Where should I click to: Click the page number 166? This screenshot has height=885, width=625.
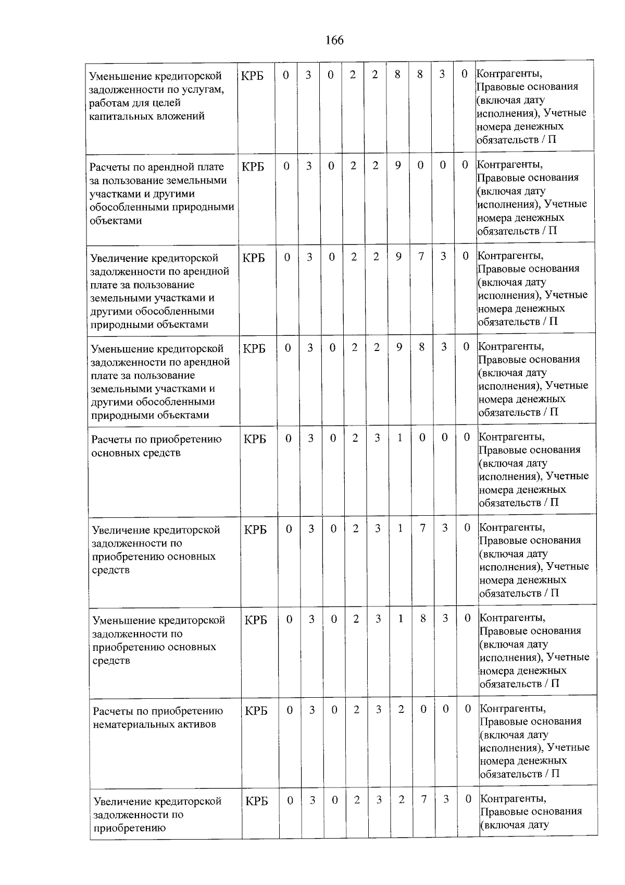tap(334, 40)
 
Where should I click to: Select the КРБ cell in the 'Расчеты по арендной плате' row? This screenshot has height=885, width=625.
tap(253, 166)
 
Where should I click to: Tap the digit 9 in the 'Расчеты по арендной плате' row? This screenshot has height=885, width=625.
tap(398, 166)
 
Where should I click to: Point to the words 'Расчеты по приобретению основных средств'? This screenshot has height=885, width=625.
tap(156, 446)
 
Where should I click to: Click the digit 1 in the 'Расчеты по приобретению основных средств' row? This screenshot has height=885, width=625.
tap(399, 438)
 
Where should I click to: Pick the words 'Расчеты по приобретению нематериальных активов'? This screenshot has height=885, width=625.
tap(157, 718)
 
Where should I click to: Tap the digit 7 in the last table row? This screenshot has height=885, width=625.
tap(424, 799)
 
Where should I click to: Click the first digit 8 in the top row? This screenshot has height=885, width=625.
tap(397, 75)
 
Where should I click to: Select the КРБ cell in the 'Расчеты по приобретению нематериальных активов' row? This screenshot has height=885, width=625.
tap(256, 710)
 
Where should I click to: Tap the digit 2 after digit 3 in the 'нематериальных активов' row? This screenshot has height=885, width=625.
tap(401, 709)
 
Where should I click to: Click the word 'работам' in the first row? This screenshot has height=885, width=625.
tap(108, 103)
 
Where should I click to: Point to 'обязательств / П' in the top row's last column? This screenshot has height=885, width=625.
tap(516, 140)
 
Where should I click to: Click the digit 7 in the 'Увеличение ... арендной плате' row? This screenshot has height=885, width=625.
tap(421, 257)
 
